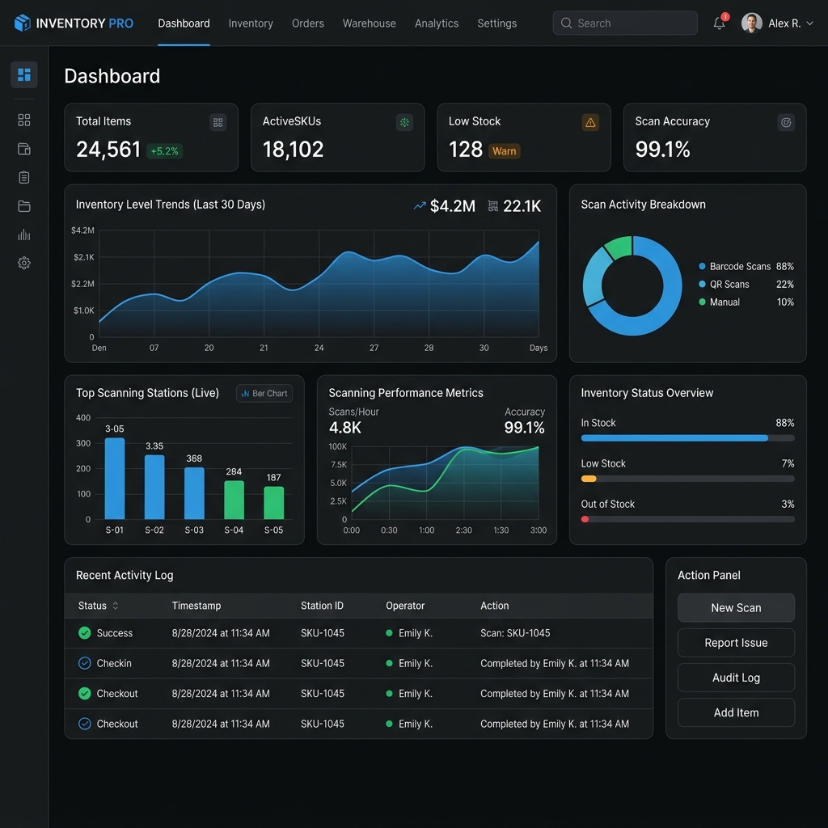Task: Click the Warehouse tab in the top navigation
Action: [369, 23]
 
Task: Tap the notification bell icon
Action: [719, 23]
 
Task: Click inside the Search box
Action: [625, 23]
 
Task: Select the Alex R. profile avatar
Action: [751, 23]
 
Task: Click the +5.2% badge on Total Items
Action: [164, 151]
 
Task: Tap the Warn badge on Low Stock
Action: [504, 151]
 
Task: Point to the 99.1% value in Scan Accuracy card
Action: [662, 150]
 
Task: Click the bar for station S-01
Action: [115, 479]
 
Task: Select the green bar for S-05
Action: [273, 503]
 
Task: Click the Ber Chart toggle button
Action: [264, 394]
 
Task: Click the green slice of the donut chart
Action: [619, 247]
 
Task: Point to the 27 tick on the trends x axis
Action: [374, 348]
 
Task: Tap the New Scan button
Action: [736, 608]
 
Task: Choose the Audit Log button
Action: [736, 678]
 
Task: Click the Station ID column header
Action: [322, 606]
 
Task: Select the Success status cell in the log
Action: [106, 633]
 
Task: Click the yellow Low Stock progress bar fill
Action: [589, 479]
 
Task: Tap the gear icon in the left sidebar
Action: [23, 263]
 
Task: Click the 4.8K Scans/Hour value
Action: [344, 428]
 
